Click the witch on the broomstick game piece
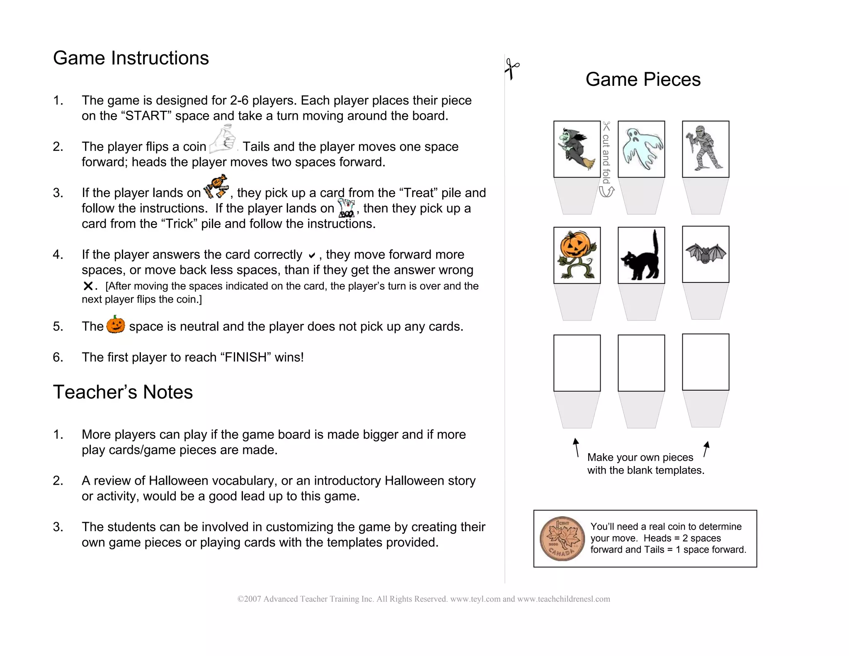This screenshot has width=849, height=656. point(577,149)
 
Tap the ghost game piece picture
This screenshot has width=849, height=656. point(641,149)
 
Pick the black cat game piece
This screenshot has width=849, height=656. point(641,255)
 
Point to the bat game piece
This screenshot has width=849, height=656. point(705,253)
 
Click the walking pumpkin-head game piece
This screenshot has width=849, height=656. point(577,255)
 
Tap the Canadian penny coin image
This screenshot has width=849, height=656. point(562,538)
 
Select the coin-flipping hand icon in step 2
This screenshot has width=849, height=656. point(223,139)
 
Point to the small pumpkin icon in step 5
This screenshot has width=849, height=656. point(116,324)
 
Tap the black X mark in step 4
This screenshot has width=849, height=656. point(88,286)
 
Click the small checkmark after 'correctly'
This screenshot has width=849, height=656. point(312,255)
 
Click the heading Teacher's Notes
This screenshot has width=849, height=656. point(123,392)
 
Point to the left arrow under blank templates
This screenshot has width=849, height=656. point(576,447)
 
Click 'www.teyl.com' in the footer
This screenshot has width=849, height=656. point(475,599)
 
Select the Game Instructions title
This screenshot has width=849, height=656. point(131,58)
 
